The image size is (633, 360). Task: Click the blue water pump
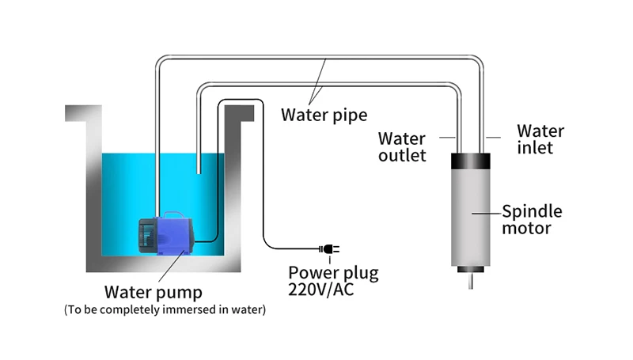point(166,234)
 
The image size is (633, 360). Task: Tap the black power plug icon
point(329,249)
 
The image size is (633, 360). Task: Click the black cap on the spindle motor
point(471,161)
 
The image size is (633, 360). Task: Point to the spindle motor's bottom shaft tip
point(471,288)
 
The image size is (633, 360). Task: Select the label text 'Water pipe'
point(324,115)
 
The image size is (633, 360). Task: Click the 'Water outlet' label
point(402,147)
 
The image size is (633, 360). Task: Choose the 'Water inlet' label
point(540,139)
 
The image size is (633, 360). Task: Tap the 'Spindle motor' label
point(532,219)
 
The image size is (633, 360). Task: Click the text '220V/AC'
point(321,290)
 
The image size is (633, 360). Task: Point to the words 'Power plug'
point(333,273)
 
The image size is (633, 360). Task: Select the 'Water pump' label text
point(154,292)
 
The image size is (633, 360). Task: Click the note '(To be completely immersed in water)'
point(165,309)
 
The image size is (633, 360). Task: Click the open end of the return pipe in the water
point(199,172)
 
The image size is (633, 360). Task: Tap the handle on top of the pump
point(174,214)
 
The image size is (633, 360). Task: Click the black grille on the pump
point(146,237)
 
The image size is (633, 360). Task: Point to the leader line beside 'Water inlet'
point(493,138)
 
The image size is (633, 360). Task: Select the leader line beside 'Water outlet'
point(447,138)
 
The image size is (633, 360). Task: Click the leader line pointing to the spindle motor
point(487,213)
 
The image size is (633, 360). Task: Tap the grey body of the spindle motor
point(471,218)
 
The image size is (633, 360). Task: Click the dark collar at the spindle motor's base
point(471,269)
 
